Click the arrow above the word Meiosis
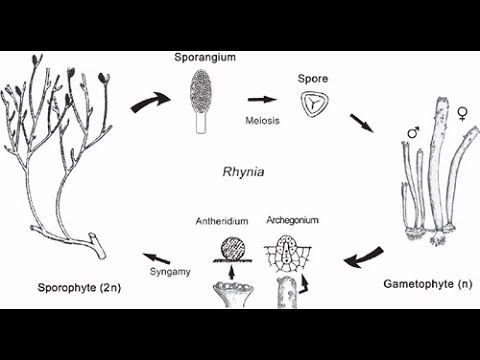tap(261, 100)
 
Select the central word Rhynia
tap(243, 171)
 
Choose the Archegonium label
tap(289, 218)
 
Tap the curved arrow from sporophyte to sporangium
tap(149, 99)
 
